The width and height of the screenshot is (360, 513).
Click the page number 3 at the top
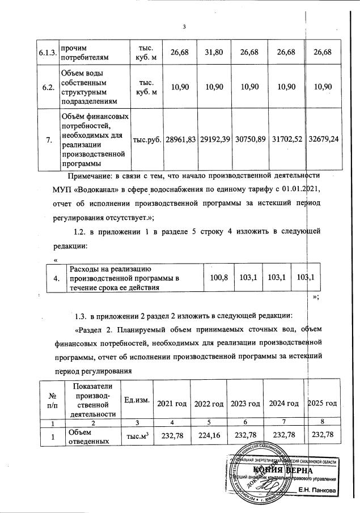click(184, 26)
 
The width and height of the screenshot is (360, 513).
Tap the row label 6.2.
click(48, 88)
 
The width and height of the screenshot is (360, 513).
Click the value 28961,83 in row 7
click(180, 139)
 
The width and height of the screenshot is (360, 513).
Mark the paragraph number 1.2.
click(83, 231)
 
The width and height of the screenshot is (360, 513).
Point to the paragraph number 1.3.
click(83, 315)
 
